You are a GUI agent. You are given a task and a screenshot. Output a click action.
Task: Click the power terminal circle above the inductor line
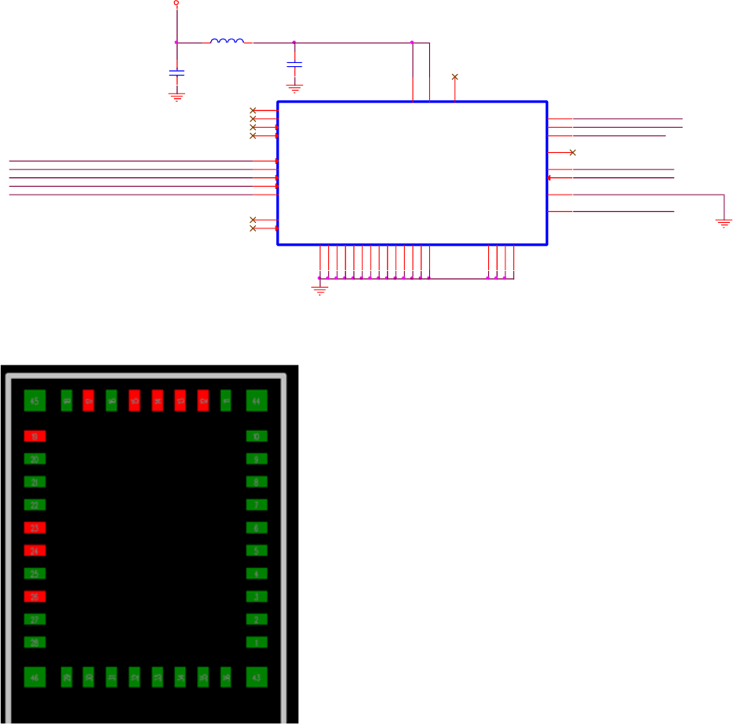176,3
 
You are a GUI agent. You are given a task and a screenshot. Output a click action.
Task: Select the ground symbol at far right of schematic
724,223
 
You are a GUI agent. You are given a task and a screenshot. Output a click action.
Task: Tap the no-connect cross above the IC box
454,76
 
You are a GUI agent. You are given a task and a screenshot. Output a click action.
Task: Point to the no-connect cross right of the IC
572,152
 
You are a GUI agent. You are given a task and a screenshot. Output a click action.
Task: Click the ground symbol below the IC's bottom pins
319,290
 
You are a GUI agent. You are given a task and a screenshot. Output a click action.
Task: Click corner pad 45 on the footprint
35,402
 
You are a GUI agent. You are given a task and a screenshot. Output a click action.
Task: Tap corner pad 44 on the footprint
257,402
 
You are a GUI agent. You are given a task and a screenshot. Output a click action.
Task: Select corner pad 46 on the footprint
35,677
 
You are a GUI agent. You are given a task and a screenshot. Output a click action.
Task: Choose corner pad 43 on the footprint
257,677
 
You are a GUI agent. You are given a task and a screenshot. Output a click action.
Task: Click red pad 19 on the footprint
35,436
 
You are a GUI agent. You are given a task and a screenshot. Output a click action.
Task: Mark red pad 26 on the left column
35,596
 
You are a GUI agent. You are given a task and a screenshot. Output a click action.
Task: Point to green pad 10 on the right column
257,436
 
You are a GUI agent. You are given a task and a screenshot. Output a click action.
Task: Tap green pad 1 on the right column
257,642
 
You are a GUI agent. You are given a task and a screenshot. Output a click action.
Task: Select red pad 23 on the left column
35,528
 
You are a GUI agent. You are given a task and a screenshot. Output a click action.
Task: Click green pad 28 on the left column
35,642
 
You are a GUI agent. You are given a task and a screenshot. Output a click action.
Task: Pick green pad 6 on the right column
257,528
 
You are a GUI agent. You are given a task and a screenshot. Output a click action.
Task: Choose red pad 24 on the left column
35,551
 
